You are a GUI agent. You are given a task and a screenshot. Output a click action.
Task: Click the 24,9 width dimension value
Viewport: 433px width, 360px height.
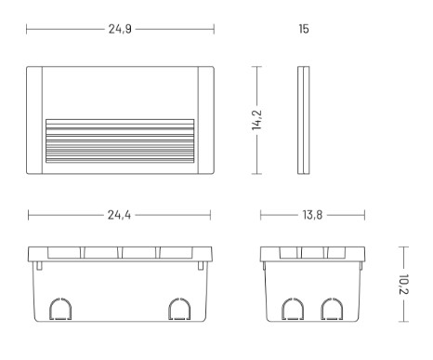(120, 29)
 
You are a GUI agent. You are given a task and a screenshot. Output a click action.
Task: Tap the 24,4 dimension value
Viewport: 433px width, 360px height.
(119, 215)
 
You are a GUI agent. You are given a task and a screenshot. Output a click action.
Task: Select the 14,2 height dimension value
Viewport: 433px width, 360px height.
(256, 120)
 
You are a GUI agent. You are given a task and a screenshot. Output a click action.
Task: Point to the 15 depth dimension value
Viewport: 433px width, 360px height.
(304, 29)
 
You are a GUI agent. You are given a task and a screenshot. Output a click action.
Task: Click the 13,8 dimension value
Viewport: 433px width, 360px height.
(312, 215)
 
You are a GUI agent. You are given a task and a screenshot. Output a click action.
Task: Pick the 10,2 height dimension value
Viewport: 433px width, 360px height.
(404, 284)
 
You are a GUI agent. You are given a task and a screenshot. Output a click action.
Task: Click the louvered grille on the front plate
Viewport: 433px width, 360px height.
(120, 140)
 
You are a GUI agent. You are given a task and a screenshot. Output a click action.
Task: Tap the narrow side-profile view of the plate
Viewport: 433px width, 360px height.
(304, 120)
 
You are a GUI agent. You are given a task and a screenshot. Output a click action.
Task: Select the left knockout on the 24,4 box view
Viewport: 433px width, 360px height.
(60, 309)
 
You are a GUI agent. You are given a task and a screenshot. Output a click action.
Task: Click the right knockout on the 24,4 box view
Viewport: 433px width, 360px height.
(179, 309)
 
